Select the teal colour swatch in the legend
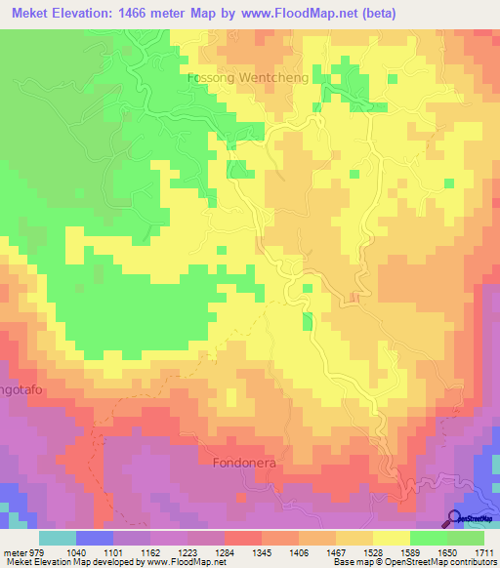57,538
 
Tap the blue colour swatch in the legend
94,538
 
